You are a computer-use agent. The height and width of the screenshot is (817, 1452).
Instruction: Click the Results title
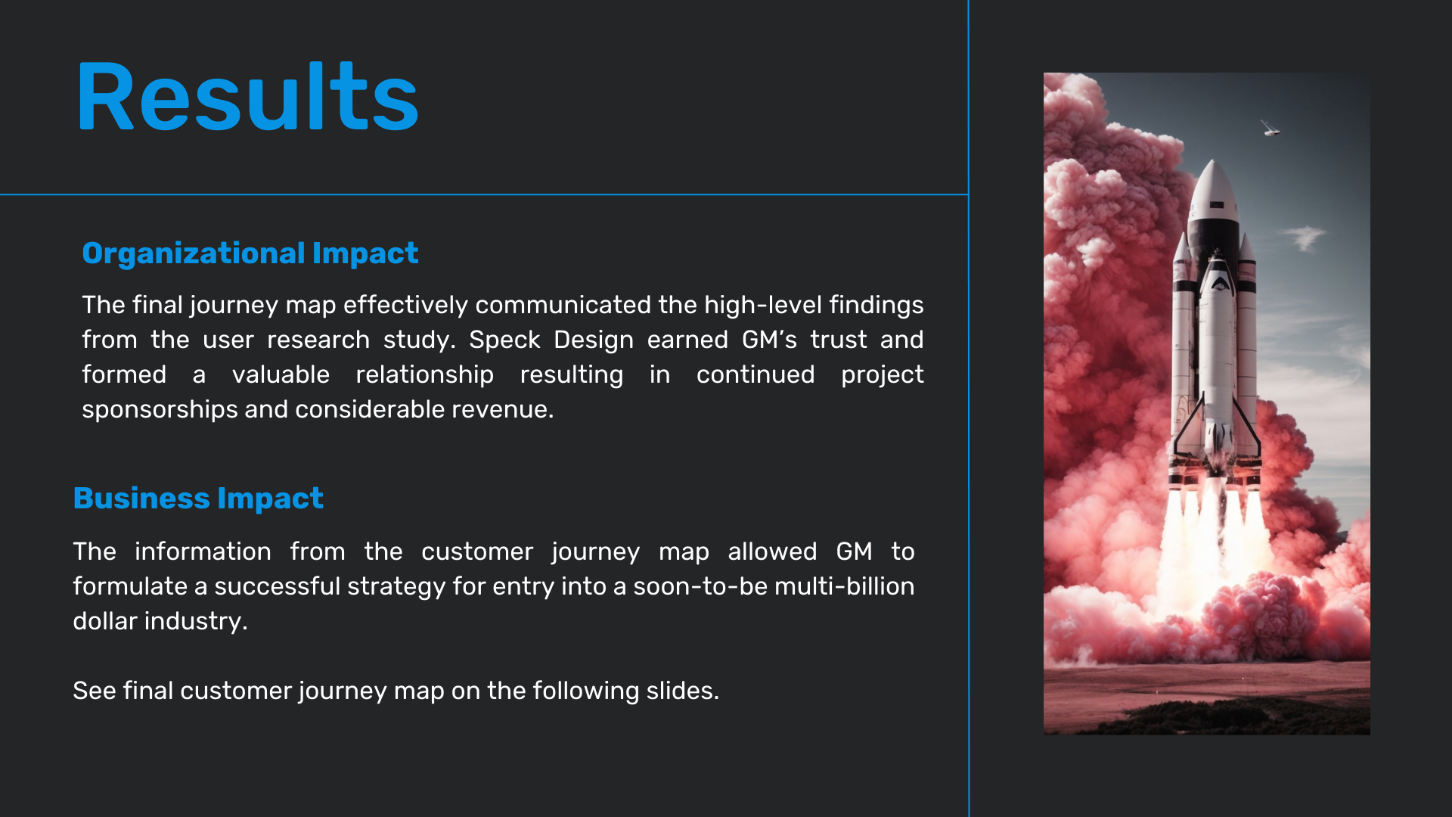247,97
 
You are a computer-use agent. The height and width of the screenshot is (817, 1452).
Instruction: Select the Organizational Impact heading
250,253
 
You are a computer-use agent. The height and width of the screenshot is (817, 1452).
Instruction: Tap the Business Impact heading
198,499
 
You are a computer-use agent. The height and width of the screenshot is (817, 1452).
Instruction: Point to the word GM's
769,340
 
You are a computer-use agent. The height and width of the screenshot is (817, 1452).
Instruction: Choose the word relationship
424,374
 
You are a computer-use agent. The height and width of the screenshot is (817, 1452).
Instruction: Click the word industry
196,621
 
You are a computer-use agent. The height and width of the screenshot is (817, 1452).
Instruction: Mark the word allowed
772,551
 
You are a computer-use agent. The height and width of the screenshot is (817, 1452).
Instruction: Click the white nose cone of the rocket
1213,189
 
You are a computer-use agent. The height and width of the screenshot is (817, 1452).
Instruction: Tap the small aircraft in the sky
1270,129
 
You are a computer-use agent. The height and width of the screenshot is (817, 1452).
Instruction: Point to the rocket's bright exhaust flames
1214,537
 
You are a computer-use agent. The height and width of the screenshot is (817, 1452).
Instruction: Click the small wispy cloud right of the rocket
1305,237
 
